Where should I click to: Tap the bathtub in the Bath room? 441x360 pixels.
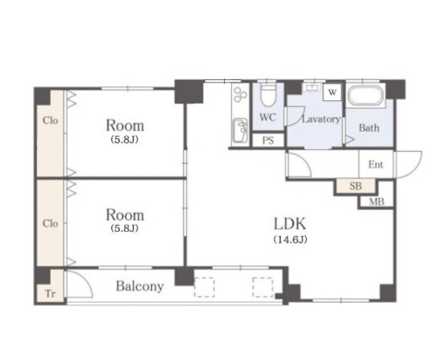click(366, 95)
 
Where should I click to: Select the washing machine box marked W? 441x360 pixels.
click(332, 92)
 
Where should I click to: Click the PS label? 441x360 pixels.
click(268, 140)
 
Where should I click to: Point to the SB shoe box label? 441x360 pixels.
click(356, 186)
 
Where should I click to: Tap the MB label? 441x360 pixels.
click(377, 201)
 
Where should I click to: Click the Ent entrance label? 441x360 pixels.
click(376, 164)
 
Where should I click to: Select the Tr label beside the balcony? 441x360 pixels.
click(50, 294)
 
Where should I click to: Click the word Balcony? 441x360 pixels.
click(140, 287)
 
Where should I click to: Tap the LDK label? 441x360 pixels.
click(290, 224)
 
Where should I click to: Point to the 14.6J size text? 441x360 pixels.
click(290, 239)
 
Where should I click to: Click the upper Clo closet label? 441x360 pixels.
click(51, 121)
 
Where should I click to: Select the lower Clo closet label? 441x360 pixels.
click(51, 223)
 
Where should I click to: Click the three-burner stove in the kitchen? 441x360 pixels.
click(240, 94)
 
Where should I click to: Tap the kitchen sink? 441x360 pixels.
click(240, 131)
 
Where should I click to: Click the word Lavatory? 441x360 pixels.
click(321, 120)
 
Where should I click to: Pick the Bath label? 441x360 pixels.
click(368, 128)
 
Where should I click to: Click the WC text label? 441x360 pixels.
click(267, 117)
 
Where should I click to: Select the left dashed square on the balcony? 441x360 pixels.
click(204, 287)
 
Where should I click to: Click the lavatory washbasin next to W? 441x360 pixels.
click(313, 87)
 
